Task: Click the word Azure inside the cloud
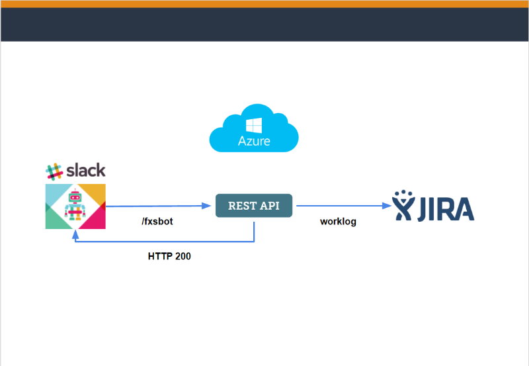point(254,141)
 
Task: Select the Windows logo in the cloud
point(254,125)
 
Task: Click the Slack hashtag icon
point(54,171)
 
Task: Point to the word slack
point(85,170)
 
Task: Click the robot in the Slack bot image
point(74,205)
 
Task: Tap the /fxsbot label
point(157,222)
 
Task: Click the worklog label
point(338,222)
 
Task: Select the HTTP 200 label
point(169,255)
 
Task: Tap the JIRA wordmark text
point(446,207)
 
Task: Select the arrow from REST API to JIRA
point(341,206)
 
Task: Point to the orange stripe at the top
point(264,4)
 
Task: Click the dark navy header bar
point(264,24)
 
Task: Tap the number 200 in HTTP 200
point(182,255)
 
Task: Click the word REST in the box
point(241,206)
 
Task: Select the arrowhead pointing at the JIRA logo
point(387,206)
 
